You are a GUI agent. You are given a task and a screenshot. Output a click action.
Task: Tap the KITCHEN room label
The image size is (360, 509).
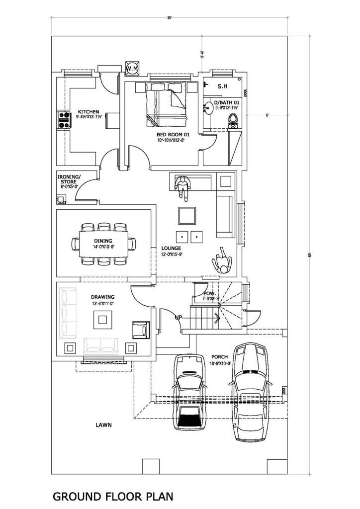click(89, 111)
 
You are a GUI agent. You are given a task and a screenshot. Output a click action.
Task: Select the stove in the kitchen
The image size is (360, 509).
click(63, 120)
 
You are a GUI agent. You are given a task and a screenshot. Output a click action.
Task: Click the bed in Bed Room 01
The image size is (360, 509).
click(166, 103)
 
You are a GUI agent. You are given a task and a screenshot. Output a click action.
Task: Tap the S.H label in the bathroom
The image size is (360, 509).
click(222, 86)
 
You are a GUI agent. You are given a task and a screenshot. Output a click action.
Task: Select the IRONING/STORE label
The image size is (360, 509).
click(69, 179)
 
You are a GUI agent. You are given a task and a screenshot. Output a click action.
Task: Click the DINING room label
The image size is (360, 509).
click(104, 241)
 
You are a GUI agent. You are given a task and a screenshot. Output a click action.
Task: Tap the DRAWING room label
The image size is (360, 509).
click(102, 297)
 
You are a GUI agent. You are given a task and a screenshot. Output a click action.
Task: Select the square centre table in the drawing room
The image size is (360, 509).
click(104, 319)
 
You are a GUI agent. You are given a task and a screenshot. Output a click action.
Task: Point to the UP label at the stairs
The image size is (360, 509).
click(178, 317)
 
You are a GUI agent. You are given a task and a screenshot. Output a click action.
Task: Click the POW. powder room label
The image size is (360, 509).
click(209, 294)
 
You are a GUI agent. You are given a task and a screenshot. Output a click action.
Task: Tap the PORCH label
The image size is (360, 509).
click(219, 356)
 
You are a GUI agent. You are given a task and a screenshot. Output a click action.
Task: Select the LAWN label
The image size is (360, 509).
click(104, 425)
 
